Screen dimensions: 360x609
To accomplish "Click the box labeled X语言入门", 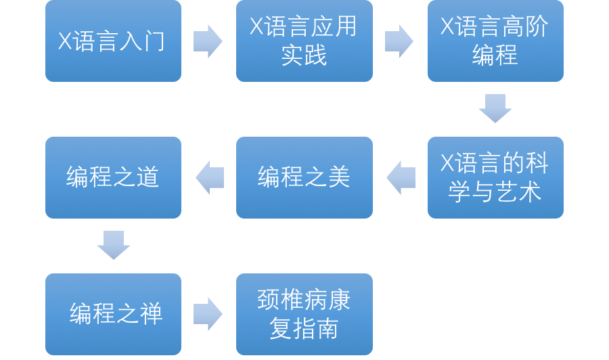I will tap(113, 41).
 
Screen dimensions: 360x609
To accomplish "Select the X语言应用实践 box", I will tap(304, 41).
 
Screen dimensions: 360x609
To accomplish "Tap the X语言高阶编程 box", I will tap(495, 41).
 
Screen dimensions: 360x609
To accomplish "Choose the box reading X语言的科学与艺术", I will tap(495, 177).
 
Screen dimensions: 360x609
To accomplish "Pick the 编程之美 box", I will tap(304, 177).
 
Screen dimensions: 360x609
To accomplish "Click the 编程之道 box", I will tap(113, 177).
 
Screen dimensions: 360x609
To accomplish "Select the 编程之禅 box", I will tap(113, 314).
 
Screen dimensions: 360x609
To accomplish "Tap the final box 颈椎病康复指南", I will tap(304, 314).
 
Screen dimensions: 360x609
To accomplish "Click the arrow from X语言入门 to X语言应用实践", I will tap(208, 41).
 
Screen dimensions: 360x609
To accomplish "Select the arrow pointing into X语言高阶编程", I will tap(399, 41).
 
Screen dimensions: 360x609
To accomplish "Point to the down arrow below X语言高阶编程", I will tap(495, 108).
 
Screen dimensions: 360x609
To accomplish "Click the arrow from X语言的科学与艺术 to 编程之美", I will tap(401, 177).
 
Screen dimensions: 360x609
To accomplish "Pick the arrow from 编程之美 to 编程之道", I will tap(210, 177).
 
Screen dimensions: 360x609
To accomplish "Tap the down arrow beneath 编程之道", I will tap(113, 245).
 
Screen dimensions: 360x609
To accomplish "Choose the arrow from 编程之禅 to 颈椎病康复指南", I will tap(208, 314).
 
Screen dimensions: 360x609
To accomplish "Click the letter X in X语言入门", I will tap(65, 42).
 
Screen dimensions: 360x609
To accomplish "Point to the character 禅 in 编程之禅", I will tap(151, 315).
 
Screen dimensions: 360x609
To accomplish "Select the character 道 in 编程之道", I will tap(147, 177).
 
